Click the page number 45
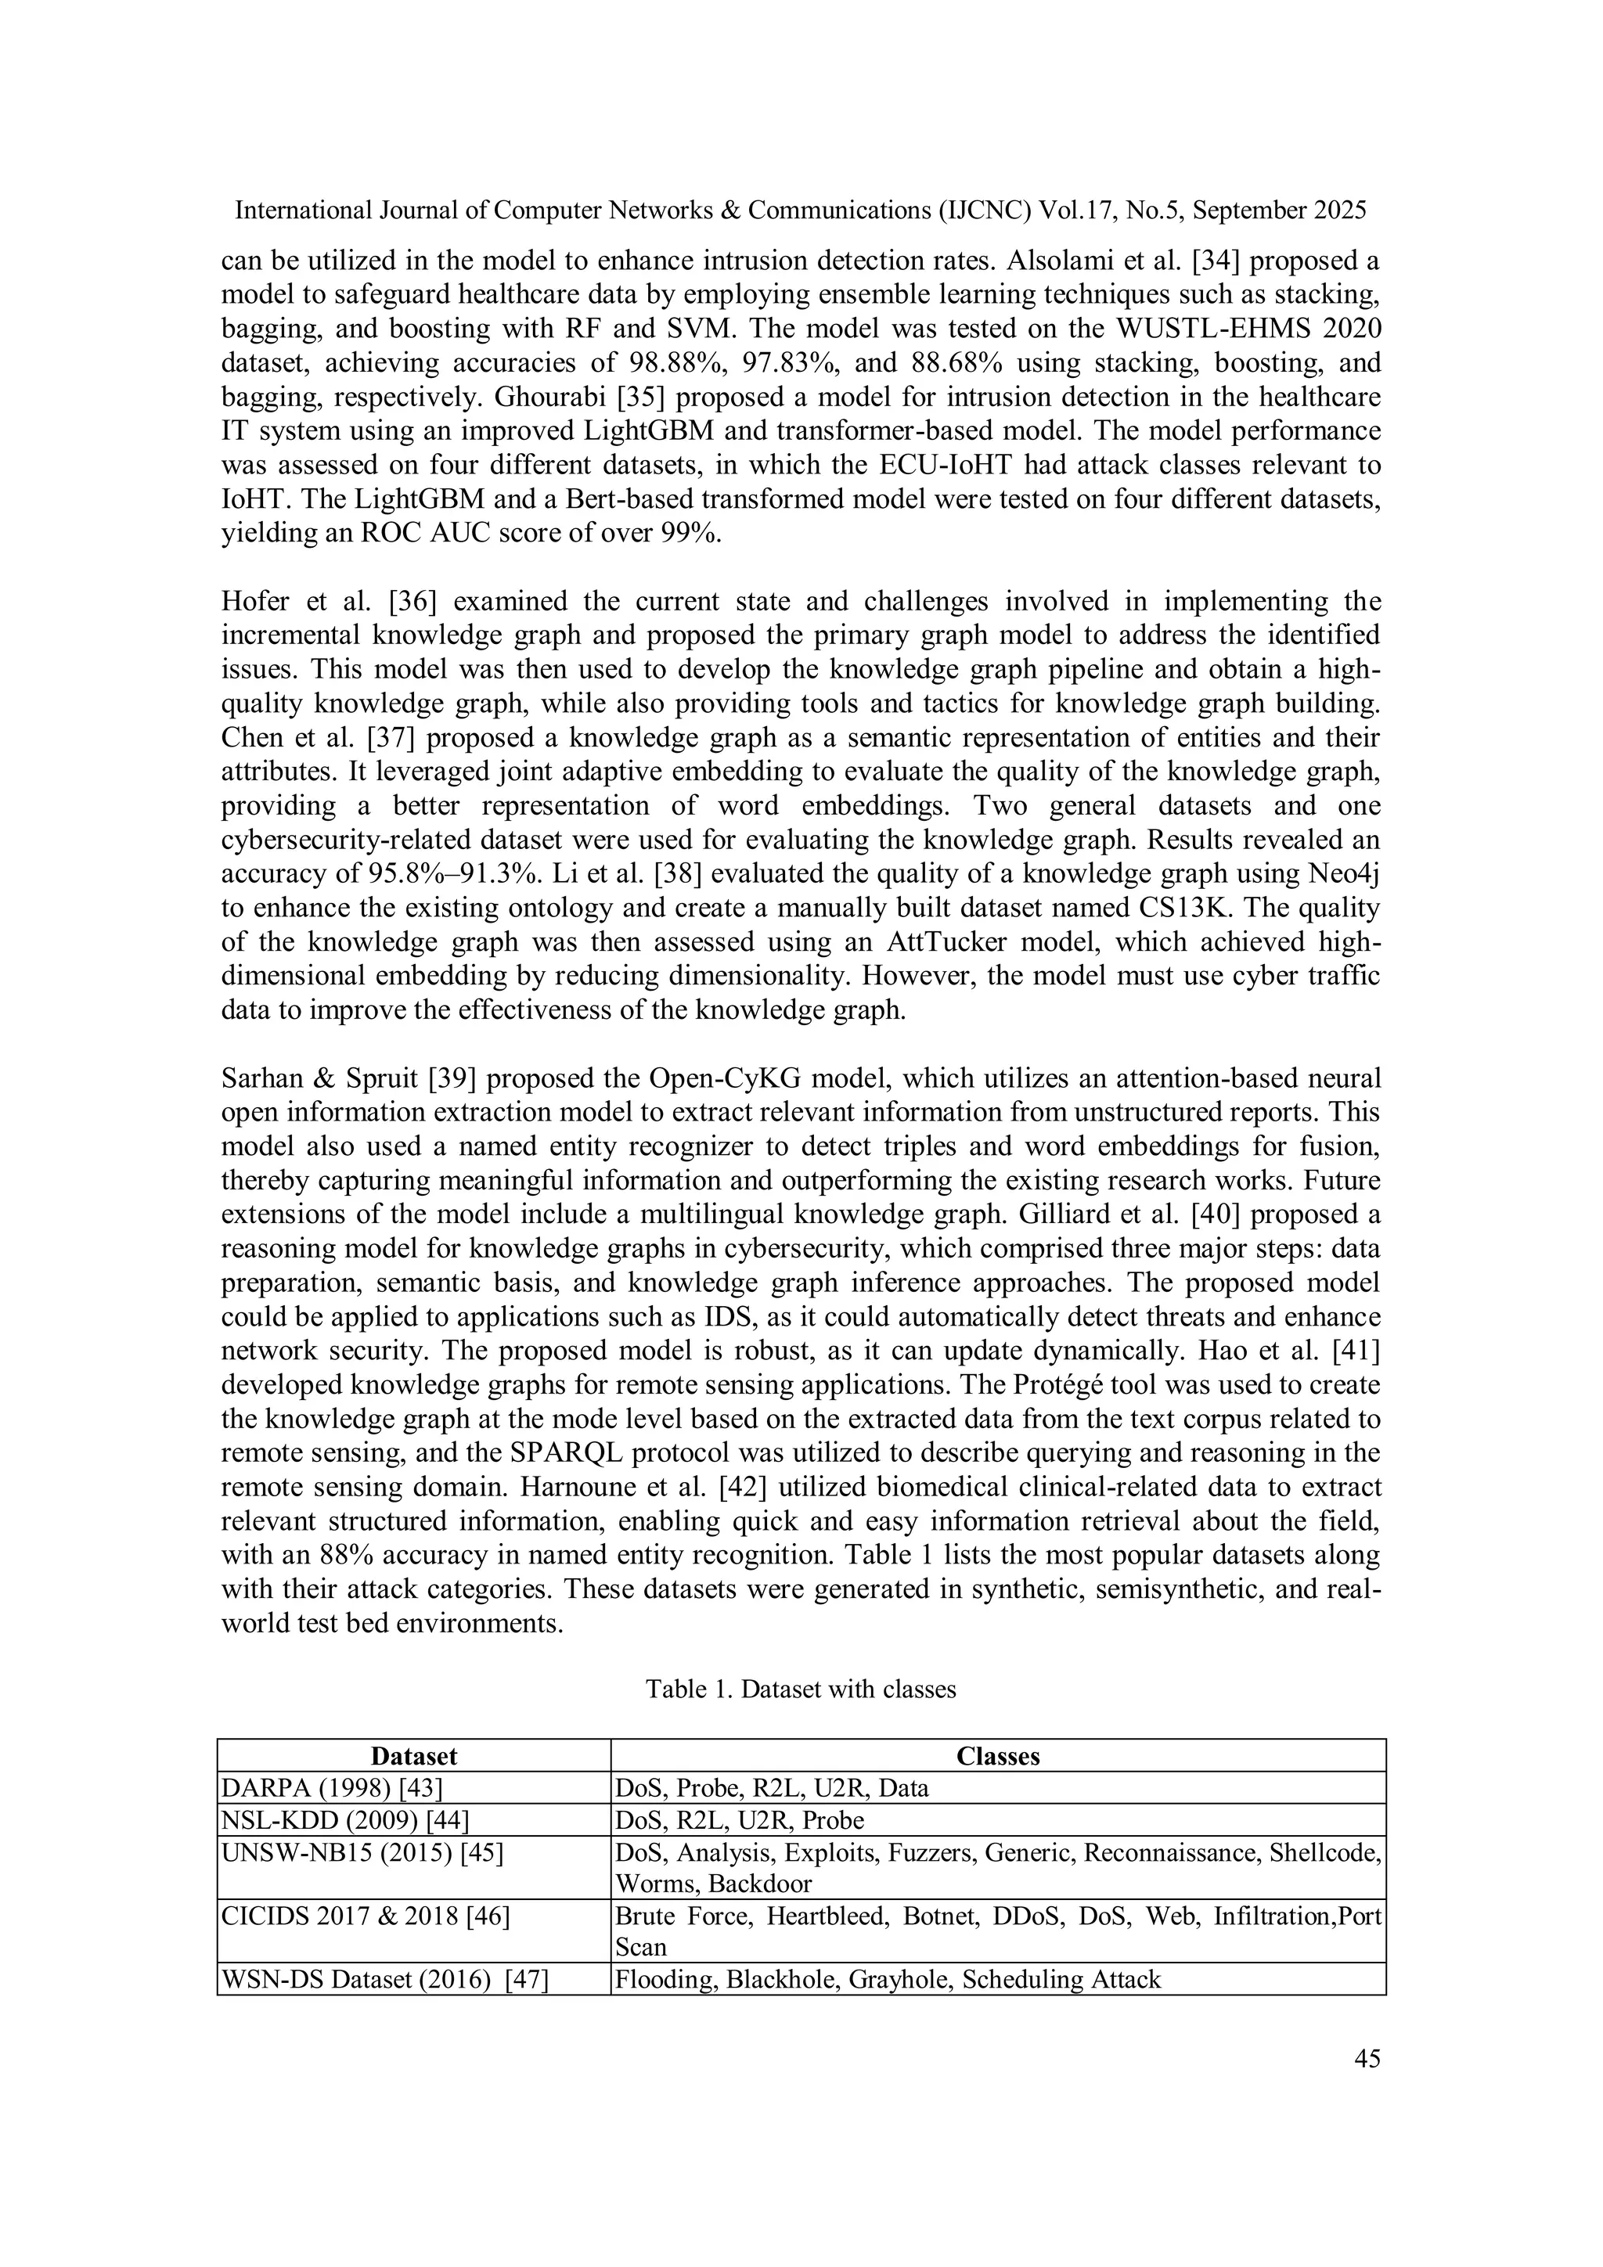pyautogui.click(x=1367, y=2059)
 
